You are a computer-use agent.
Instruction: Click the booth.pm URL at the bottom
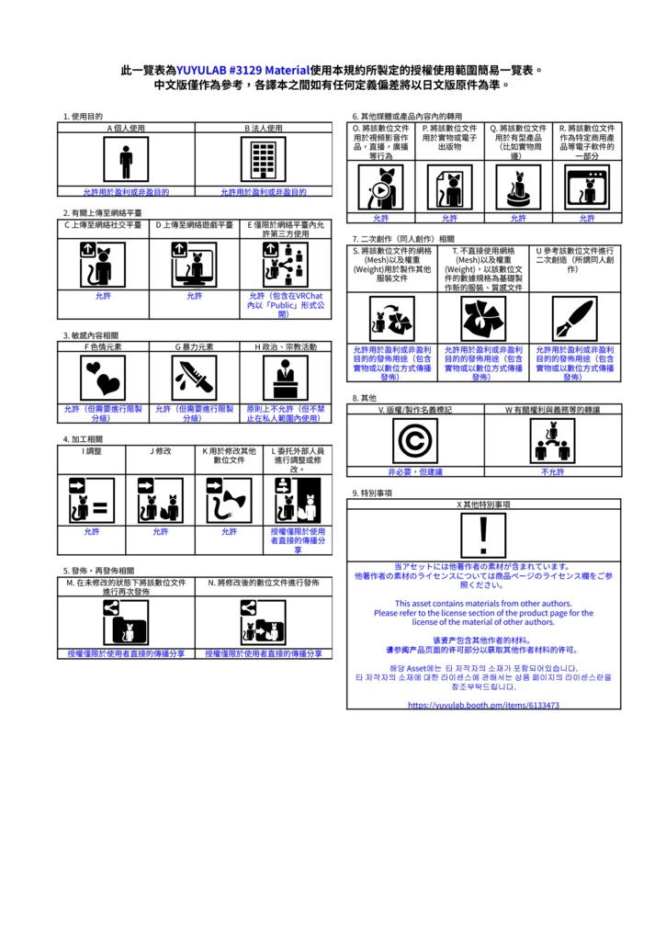point(483,705)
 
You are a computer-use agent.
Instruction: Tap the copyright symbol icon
point(414,440)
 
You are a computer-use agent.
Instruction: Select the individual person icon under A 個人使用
point(126,161)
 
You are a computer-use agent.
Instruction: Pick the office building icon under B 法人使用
point(264,161)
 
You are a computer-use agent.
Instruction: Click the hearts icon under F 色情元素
point(103,377)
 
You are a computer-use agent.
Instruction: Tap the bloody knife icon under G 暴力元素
point(194,377)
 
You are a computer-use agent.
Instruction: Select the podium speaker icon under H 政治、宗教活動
point(285,377)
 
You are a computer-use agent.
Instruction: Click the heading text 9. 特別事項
point(372,493)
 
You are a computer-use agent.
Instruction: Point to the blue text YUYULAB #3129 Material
point(243,70)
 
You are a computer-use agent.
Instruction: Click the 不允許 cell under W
point(552,471)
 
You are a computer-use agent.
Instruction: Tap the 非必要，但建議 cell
point(414,471)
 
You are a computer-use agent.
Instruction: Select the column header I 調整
point(92,451)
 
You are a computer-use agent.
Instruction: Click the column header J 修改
point(161,451)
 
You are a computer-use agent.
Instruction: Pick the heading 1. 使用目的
point(83,117)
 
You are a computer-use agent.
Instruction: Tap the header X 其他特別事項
point(483,505)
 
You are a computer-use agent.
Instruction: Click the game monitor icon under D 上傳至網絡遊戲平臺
point(194,265)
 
